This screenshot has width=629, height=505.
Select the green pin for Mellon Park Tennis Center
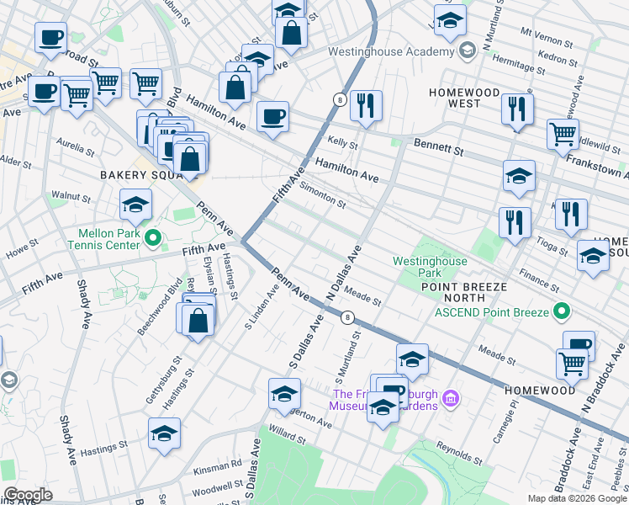click(152, 239)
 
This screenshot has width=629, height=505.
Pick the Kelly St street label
click(342, 145)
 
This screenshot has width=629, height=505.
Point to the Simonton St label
click(323, 197)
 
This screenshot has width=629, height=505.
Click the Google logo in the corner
click(28, 495)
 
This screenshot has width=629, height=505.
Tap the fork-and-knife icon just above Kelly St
click(366, 106)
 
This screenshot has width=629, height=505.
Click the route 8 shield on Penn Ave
click(346, 317)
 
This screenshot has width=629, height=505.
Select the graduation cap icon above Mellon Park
click(135, 205)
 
